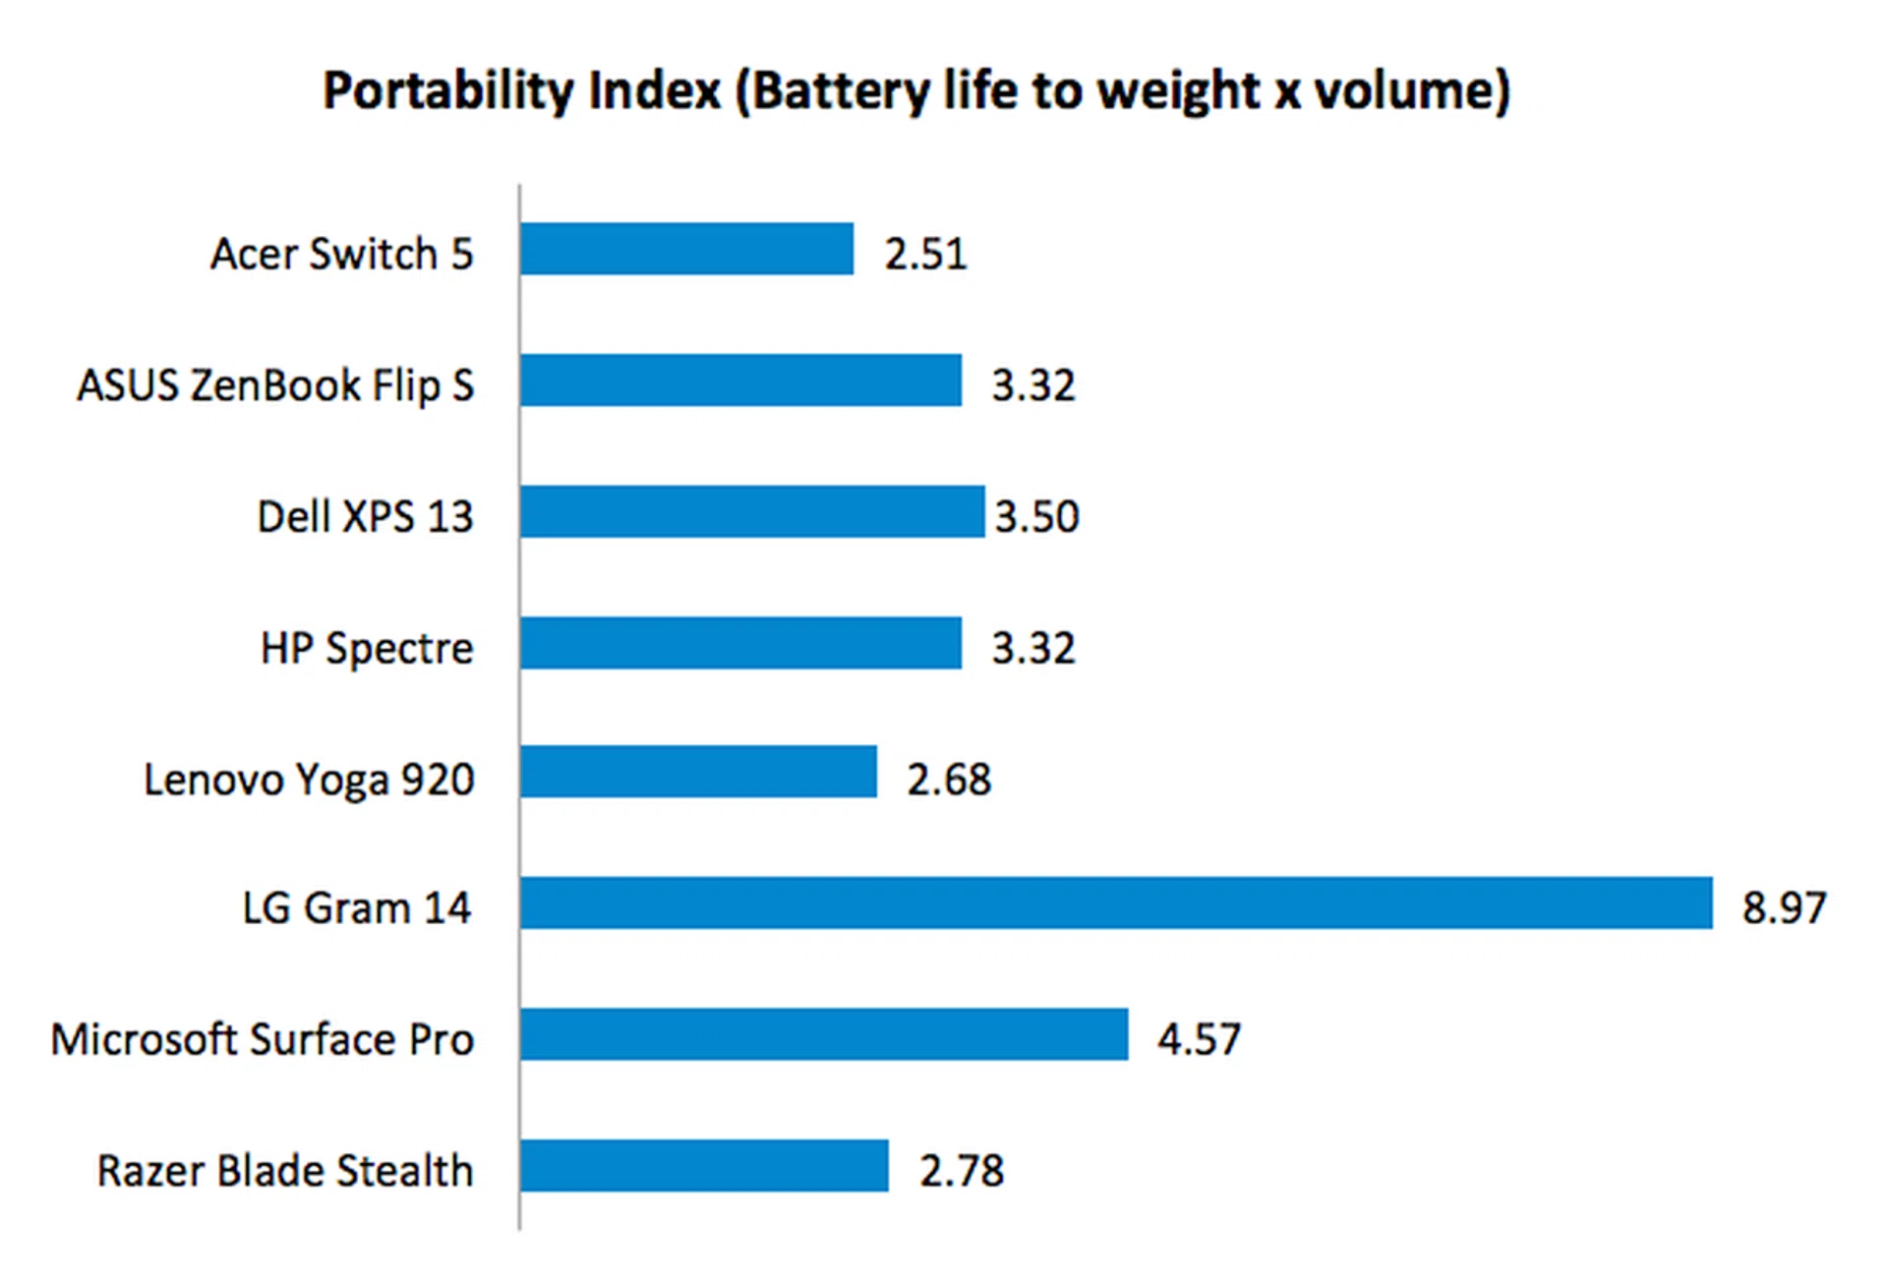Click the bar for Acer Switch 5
[x=686, y=249]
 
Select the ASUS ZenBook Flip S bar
[x=740, y=380]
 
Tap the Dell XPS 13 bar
[x=752, y=511]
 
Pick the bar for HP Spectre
[x=740, y=643]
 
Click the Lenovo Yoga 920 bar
[x=698, y=772]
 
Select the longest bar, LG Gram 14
[x=1116, y=903]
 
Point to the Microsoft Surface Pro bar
[x=824, y=1034]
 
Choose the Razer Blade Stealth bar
[x=704, y=1166]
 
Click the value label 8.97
[x=1784, y=907]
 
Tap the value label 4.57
[x=1199, y=1039]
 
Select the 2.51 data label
[x=925, y=254]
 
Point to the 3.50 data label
[x=1036, y=516]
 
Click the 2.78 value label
[x=961, y=1171]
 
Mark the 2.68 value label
[x=948, y=779]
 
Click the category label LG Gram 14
[x=357, y=907]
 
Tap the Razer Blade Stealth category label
[x=285, y=1171]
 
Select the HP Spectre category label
[x=367, y=648]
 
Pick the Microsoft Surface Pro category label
[x=263, y=1039]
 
